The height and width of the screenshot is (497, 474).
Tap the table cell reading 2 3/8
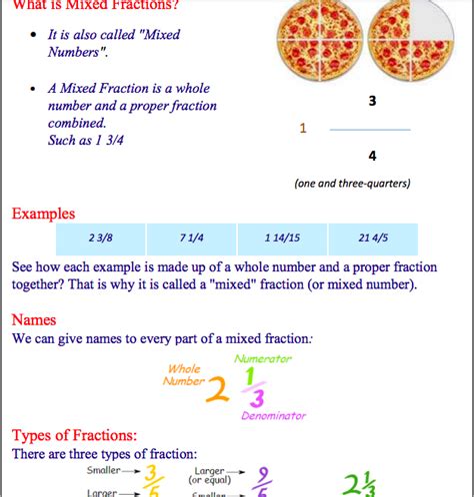tap(100, 238)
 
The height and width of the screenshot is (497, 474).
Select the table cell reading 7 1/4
tap(192, 238)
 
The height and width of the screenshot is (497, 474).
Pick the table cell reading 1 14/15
tap(283, 238)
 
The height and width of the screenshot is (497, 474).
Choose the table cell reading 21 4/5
tap(373, 238)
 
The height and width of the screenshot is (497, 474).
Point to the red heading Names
tap(33, 320)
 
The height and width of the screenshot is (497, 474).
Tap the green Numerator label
tap(262, 358)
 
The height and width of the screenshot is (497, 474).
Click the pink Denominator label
tap(273, 415)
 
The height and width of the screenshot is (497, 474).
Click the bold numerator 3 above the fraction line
tap(372, 101)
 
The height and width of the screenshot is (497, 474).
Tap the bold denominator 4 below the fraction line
tap(372, 156)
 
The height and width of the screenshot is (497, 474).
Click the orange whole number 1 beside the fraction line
tap(304, 129)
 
